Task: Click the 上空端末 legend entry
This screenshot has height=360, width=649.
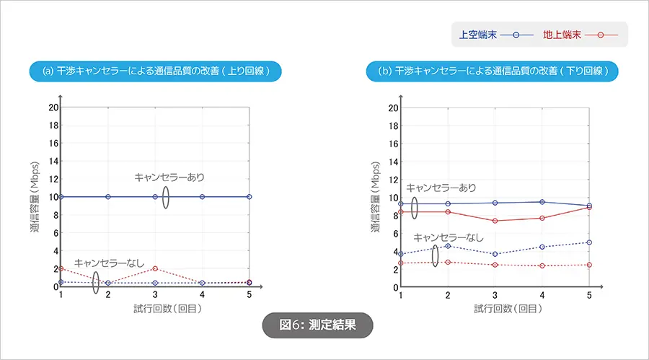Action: (x=495, y=34)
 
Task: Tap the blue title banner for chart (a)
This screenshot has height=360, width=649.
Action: (x=154, y=71)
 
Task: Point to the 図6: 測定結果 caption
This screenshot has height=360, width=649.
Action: (x=317, y=325)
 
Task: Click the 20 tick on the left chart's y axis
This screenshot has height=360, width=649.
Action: (x=52, y=107)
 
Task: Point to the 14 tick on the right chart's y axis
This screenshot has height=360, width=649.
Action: (x=393, y=162)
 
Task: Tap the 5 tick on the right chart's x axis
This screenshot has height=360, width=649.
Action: (x=589, y=296)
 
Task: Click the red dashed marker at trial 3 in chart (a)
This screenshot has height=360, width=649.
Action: (x=155, y=268)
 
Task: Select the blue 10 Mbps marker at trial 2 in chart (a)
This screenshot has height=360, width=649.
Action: (x=108, y=196)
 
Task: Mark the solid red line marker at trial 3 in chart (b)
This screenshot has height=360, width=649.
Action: (x=495, y=221)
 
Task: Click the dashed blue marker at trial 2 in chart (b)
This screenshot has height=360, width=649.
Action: (x=448, y=246)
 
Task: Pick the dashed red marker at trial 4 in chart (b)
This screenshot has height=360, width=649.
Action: (x=542, y=265)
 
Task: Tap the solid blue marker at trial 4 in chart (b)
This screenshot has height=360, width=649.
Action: (x=542, y=202)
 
